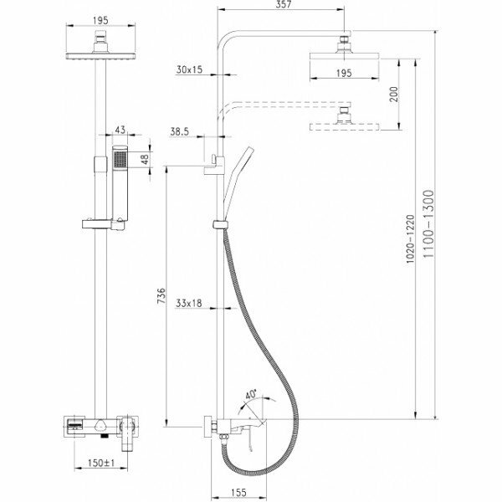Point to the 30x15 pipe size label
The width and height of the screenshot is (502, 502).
pyautogui.click(x=191, y=71)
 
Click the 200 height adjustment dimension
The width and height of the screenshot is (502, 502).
pyautogui.click(x=406, y=93)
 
